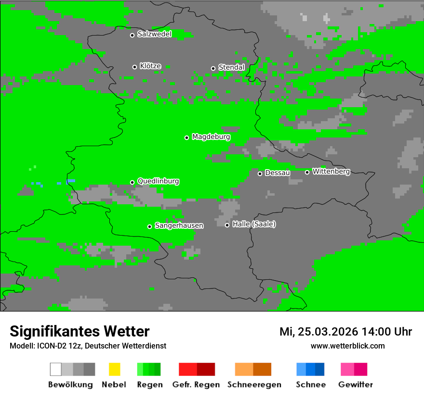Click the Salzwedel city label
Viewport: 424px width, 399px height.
tap(154, 34)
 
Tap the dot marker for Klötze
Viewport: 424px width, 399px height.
tap(134, 67)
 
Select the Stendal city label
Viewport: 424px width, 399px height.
tap(231, 67)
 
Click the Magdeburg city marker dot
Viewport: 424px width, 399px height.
tap(186, 137)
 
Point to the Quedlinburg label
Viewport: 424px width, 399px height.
tap(158, 181)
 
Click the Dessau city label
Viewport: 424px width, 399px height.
tap(277, 173)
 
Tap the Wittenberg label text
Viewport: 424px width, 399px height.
tap(331, 171)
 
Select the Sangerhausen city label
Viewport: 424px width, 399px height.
tap(179, 225)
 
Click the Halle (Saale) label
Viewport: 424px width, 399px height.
tap(254, 224)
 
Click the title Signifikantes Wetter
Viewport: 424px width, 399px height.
tap(79, 331)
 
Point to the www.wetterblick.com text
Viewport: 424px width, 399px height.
tap(347, 346)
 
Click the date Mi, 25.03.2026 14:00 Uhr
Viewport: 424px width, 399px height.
tap(345, 332)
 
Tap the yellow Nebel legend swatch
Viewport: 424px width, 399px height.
tap(114, 369)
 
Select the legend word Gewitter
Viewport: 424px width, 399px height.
tap(355, 385)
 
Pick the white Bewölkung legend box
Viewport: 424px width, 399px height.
tap(56, 369)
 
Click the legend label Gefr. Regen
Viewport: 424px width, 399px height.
tap(196, 385)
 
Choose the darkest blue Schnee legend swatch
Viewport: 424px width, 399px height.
tap(320, 369)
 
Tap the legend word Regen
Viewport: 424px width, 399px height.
tap(149, 385)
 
